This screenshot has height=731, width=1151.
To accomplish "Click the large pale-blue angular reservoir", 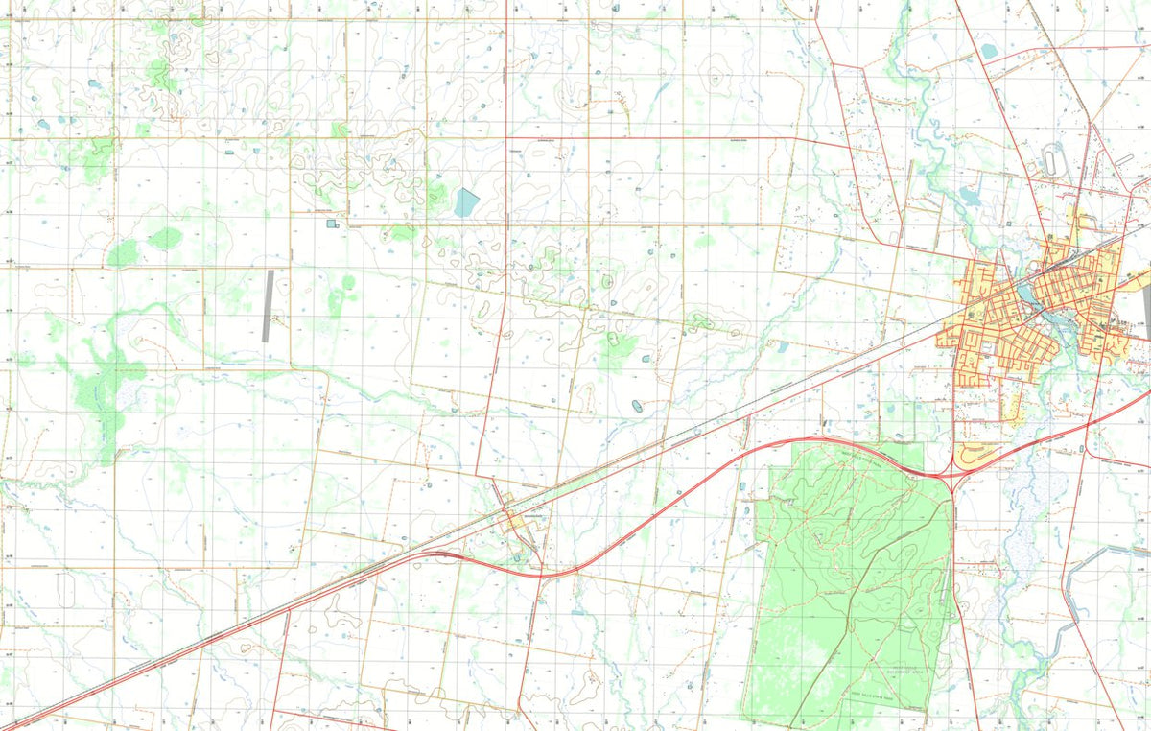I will pyautogui.click(x=466, y=201).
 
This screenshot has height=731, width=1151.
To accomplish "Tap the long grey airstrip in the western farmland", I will pyautogui.click(x=269, y=306).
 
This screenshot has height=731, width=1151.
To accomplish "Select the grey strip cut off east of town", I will pyautogui.click(x=1146, y=306).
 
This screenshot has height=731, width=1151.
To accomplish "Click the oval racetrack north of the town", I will pyautogui.click(x=1054, y=159).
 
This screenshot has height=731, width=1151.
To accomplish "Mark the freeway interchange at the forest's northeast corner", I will pyautogui.click(x=951, y=471).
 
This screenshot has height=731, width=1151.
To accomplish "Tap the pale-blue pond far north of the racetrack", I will pyautogui.click(x=989, y=52).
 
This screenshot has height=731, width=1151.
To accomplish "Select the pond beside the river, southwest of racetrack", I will pyautogui.click(x=969, y=197).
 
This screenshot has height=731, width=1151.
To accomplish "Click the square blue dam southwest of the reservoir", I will pyautogui.click(x=332, y=224).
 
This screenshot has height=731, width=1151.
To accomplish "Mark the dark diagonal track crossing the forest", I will pyautogui.click(x=844, y=624).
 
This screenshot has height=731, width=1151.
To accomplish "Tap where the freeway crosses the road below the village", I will pyautogui.click(x=540, y=574).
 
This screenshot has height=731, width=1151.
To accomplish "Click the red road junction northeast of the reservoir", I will pyautogui.click(x=505, y=138).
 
